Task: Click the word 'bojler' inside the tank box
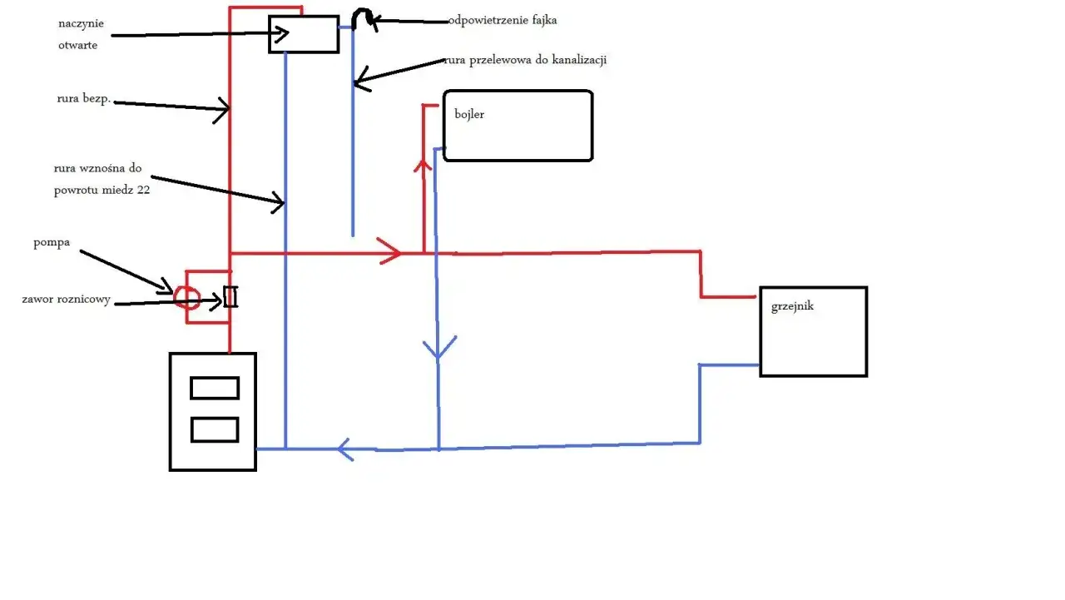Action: point(469,115)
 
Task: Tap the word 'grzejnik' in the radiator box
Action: point(792,306)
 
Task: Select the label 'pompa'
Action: point(52,243)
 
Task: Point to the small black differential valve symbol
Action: point(230,297)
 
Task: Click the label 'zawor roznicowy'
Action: point(66,299)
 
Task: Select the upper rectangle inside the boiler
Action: point(215,388)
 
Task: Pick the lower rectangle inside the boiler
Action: point(215,429)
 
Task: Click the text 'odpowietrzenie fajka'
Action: point(503,20)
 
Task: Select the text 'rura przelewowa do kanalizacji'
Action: point(526,60)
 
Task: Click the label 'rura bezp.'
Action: point(84,98)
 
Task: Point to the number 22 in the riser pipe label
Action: point(144,191)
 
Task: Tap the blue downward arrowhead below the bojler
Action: point(438,348)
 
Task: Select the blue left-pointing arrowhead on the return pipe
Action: point(344,449)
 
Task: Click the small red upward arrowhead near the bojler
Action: point(423,166)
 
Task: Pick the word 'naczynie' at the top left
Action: point(81,24)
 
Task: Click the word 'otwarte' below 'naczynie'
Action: point(78,45)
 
